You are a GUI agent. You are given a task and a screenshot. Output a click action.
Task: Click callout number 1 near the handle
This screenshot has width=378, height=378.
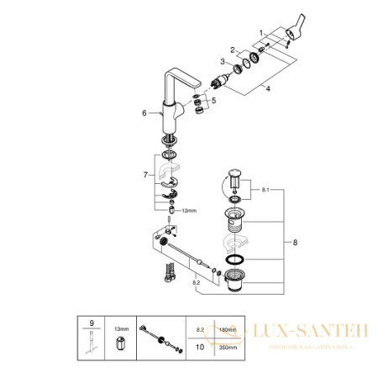262,32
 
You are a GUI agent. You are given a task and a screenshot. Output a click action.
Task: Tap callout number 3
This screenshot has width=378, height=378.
222,62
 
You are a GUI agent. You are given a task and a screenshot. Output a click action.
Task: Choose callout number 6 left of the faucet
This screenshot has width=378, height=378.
144,112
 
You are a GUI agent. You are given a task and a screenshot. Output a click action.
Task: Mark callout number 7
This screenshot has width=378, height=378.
144,176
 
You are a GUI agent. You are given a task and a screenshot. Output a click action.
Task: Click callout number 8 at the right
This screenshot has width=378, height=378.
293,243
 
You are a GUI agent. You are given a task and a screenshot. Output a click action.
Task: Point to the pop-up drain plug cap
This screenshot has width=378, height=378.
234,176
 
